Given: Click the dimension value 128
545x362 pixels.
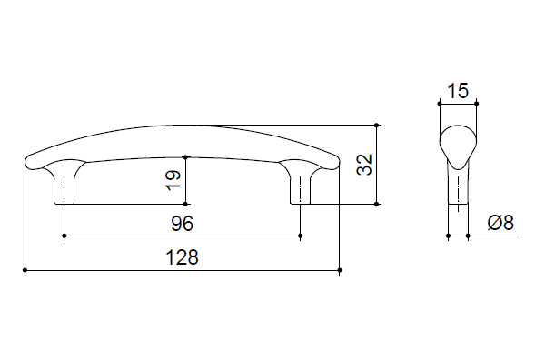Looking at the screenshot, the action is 183,257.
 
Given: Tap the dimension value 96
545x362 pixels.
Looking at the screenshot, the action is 183,224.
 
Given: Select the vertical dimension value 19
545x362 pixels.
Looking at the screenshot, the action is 173,180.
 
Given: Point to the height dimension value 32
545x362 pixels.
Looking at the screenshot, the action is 364,165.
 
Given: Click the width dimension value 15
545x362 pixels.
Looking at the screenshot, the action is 458,91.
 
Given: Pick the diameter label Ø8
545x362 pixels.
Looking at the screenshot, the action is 500,223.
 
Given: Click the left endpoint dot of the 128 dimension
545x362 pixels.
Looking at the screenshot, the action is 25,270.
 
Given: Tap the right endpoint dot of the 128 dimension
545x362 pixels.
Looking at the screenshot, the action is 340,270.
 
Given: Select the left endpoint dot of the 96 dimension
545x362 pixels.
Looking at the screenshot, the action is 64,236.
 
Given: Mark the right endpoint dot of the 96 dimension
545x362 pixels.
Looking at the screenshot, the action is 301,236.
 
